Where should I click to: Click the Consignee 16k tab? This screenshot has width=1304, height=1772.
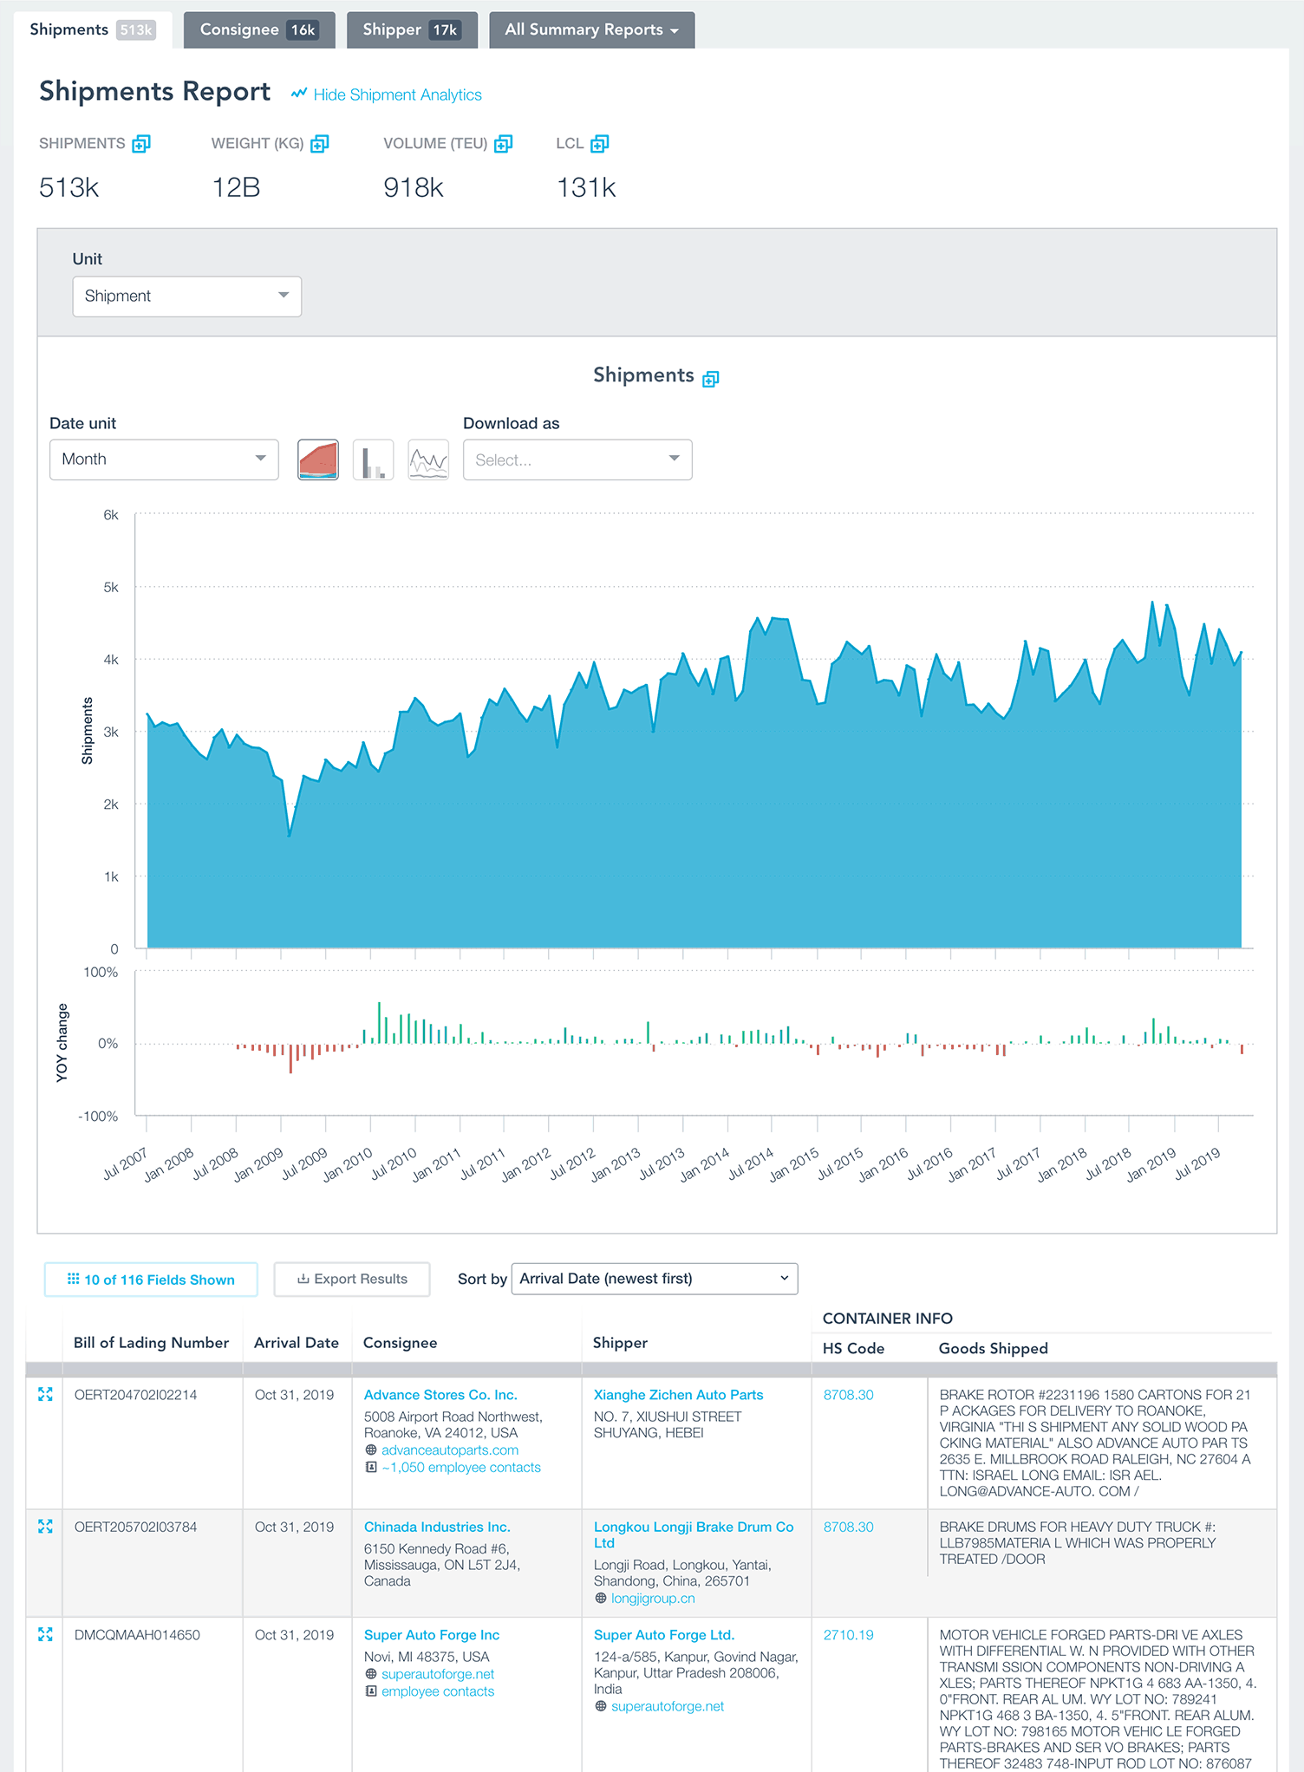[x=258, y=29]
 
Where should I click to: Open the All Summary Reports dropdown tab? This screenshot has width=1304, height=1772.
[x=591, y=29]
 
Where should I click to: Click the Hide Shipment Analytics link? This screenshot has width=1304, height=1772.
[x=396, y=94]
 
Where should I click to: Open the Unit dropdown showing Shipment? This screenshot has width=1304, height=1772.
[x=186, y=296]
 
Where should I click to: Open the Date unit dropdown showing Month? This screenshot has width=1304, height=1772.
[x=164, y=459]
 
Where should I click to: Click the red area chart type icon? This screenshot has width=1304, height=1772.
[x=318, y=459]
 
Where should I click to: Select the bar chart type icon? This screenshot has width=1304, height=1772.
[x=373, y=459]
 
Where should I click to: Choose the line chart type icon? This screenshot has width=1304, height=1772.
[x=428, y=459]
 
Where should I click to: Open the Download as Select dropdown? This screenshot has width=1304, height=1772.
[x=577, y=459]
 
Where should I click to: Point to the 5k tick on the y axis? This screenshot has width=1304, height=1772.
[x=111, y=587]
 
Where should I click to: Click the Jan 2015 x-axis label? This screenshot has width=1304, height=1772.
[x=794, y=1164]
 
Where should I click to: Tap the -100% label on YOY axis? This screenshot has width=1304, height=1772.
[x=98, y=1116]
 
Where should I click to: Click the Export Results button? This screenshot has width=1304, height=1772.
[x=352, y=1279]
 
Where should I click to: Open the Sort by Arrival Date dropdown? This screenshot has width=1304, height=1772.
[x=655, y=1279]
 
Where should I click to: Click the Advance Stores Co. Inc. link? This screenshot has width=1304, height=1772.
[x=440, y=1395]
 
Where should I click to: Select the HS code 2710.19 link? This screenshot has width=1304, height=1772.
[x=848, y=1635]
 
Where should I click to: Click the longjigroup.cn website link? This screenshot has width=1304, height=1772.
[x=652, y=1599]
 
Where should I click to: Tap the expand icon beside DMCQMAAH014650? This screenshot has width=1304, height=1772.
[x=45, y=1634]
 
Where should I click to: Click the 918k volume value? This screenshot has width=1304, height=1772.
[x=414, y=187]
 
